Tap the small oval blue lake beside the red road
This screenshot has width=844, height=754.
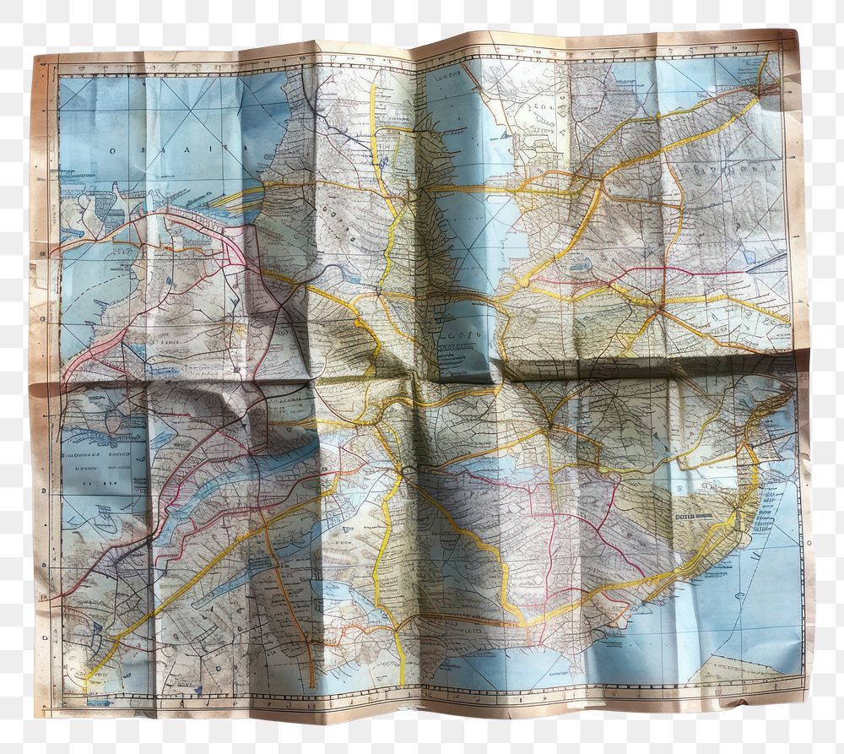tap(580, 266)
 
